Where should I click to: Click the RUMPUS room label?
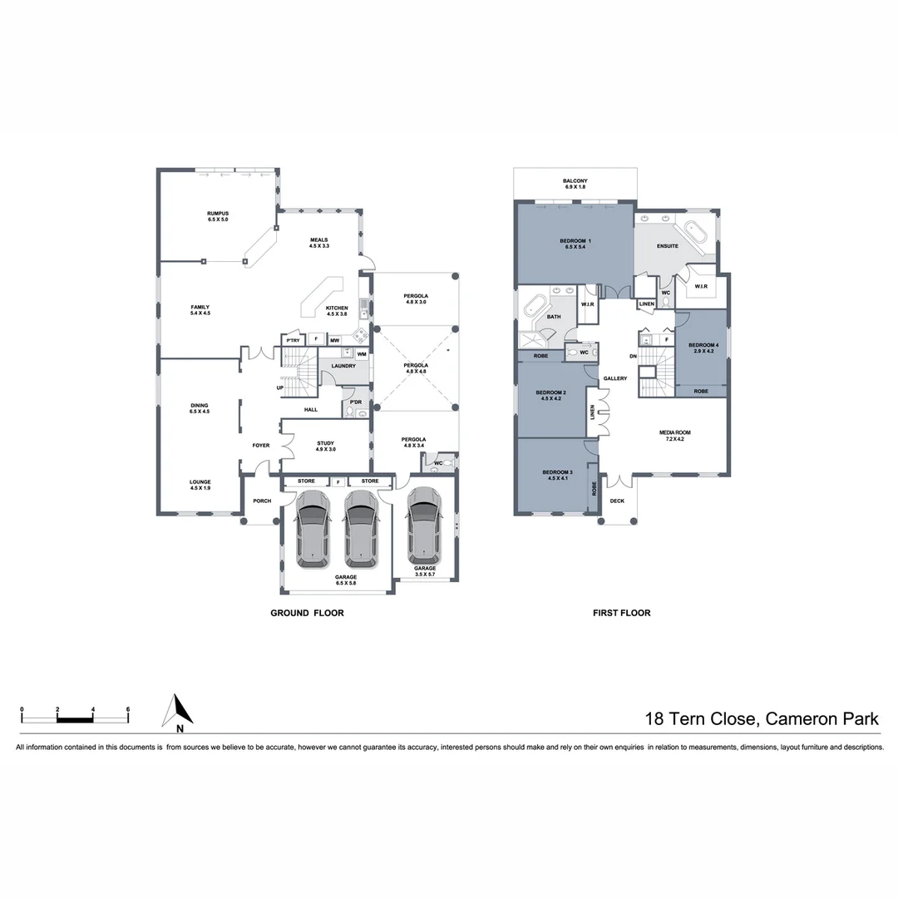point(218,214)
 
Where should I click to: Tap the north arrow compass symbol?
point(178,711)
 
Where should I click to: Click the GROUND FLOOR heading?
point(307,613)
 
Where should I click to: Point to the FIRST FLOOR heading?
point(621,613)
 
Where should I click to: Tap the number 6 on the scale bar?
point(127,709)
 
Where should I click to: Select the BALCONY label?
point(575,181)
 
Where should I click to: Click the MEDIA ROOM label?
point(675,432)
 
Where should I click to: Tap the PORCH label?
point(262,501)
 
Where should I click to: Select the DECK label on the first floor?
point(617,501)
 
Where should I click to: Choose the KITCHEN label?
point(337,308)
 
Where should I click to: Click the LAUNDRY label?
point(343,366)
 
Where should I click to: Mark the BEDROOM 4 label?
point(703,345)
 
